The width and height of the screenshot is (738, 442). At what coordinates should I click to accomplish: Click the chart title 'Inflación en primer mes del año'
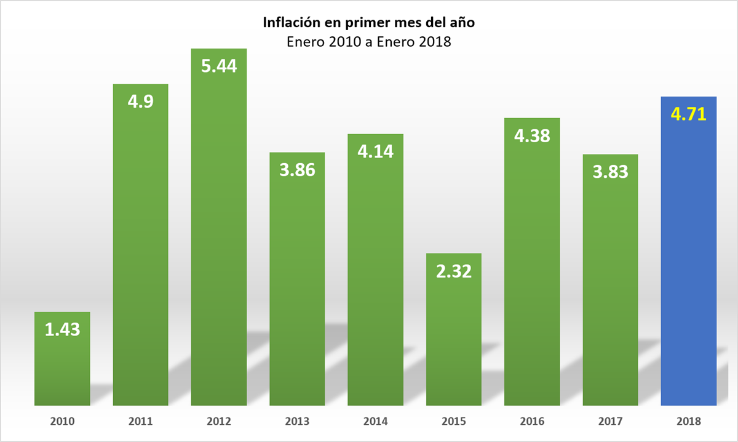pos(369,23)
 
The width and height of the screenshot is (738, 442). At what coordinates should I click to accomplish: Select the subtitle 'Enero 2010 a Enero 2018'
pos(369,42)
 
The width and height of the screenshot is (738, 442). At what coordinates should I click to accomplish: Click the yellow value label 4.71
pos(689,115)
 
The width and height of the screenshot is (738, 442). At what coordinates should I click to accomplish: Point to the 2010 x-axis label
pos(63,422)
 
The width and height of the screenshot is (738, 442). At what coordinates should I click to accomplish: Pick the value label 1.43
pos(63,329)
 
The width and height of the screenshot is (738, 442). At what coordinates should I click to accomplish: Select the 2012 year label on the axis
pos(219,422)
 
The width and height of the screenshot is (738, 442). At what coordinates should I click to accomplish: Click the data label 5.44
pos(219,66)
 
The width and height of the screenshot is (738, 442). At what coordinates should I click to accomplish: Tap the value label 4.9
pos(141,101)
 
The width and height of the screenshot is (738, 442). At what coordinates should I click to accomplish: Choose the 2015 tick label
pos(454,422)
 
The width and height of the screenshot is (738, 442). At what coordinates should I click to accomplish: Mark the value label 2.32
pos(454,271)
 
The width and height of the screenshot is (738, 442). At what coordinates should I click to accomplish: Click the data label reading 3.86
pos(297,170)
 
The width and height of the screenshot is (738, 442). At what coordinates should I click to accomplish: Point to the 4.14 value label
pos(376,151)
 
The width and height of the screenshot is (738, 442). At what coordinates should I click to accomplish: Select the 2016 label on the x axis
pos(532,422)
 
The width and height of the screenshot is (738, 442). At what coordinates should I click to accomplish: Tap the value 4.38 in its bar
pos(532,135)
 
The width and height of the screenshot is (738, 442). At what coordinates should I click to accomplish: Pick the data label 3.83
pos(610,172)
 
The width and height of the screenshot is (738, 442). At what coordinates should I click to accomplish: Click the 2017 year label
pos(610,422)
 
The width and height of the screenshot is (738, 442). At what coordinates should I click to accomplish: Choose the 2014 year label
pos(376,422)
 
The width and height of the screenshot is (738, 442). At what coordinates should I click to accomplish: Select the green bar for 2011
pos(141,259)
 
